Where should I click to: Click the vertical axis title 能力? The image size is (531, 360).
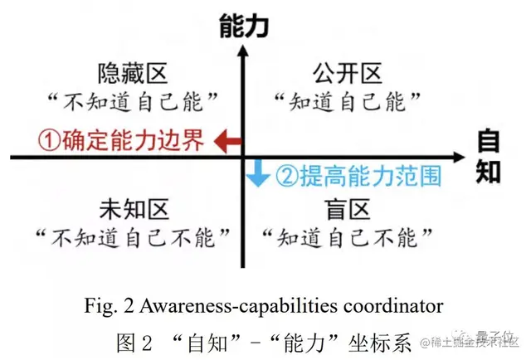tap(242, 27)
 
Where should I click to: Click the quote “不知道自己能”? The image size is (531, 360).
tap(133, 104)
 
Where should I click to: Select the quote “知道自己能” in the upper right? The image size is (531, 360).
tap(347, 104)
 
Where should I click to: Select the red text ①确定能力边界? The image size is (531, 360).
tap(111, 140)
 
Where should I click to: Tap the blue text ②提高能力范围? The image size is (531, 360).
tap(358, 175)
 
